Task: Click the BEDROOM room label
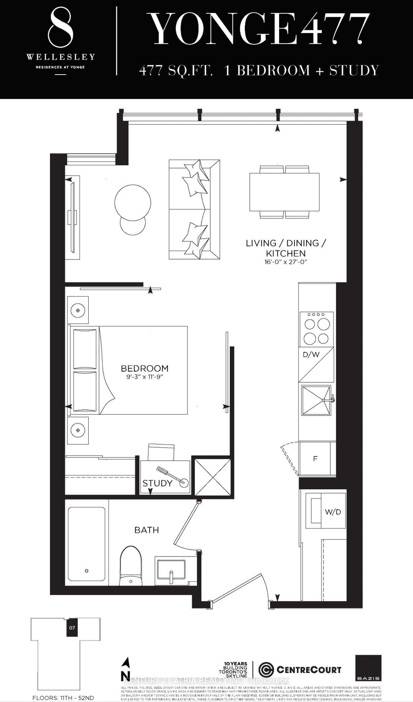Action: pyautogui.click(x=144, y=368)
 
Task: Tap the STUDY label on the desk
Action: pyautogui.click(x=157, y=483)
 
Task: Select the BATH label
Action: pyautogui.click(x=146, y=530)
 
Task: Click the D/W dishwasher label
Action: pyautogui.click(x=311, y=355)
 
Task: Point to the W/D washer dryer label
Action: pyautogui.click(x=333, y=512)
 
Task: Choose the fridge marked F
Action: pyautogui.click(x=315, y=459)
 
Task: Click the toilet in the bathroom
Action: pyautogui.click(x=131, y=564)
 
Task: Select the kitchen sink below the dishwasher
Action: pyautogui.click(x=316, y=400)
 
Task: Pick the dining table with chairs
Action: pyautogui.click(x=284, y=192)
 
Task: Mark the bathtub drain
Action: pyautogui.click(x=87, y=571)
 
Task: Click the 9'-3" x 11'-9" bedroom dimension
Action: pyautogui.click(x=144, y=377)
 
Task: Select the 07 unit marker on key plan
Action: pyautogui.click(x=72, y=627)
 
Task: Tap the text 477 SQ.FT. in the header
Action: pyautogui.click(x=176, y=71)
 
